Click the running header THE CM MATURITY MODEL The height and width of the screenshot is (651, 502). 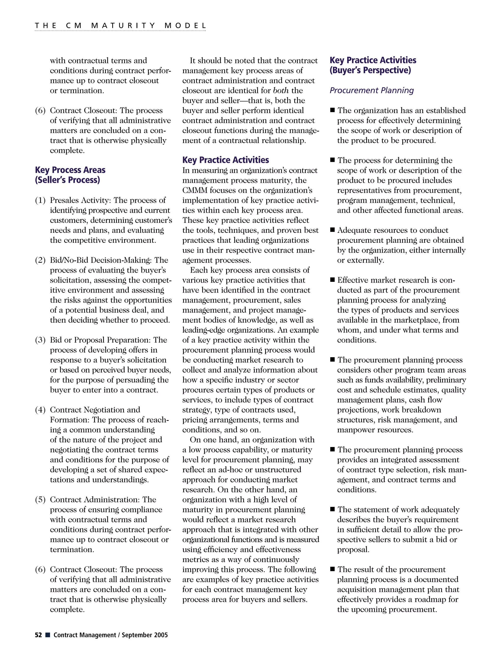click(x=120, y=26)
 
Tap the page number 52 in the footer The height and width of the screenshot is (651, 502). click(x=38, y=635)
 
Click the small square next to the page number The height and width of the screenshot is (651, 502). click(x=48, y=635)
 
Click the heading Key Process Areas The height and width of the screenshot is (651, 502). click(x=70, y=170)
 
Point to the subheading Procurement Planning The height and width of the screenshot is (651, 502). click(x=372, y=90)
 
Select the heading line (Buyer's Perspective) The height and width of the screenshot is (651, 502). click(x=370, y=70)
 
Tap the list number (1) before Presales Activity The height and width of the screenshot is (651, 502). click(x=40, y=200)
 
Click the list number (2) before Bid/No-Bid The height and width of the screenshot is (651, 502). click(x=40, y=260)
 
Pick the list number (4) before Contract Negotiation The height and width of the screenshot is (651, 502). click(x=40, y=410)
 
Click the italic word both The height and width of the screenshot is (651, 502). click(x=281, y=91)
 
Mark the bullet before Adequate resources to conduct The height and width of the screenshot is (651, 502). click(x=332, y=230)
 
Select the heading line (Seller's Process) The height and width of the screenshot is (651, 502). click(x=67, y=180)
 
